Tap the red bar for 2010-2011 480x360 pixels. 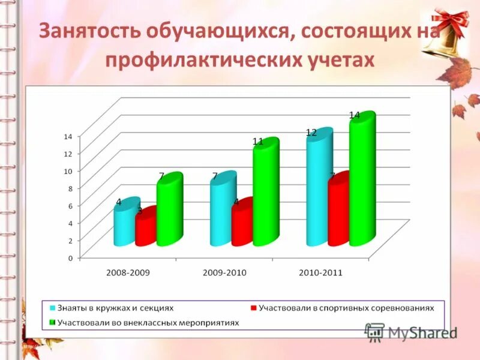tap(338, 210)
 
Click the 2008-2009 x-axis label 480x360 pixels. tap(128, 272)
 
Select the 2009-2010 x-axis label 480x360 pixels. tap(224, 272)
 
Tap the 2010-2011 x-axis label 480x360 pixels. tap(320, 272)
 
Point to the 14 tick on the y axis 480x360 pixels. tap(68, 136)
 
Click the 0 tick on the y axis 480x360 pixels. tap(70, 258)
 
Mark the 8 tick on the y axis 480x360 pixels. tap(70, 188)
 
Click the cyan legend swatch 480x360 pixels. tap(52, 307)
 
